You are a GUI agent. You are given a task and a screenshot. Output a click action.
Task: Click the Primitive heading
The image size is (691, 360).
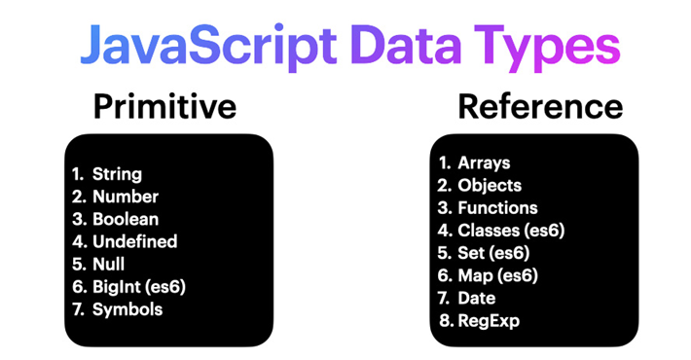point(164,106)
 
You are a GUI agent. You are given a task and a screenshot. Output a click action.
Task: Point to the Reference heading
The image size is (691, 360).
point(540,106)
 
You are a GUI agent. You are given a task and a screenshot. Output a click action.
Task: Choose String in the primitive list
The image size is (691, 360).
point(117,175)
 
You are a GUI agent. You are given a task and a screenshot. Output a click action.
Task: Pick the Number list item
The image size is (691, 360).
point(125,198)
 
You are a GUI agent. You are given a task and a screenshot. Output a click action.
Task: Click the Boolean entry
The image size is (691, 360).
point(126,220)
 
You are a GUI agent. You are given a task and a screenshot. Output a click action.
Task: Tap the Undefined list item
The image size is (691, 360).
point(135,242)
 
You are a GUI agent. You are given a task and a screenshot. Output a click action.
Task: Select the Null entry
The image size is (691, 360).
point(109,265)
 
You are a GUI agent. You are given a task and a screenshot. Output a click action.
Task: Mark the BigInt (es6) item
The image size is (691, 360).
point(138,287)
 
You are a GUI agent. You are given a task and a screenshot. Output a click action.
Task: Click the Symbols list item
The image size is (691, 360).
point(127,309)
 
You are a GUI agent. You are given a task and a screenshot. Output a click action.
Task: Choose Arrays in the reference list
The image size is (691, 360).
point(485,162)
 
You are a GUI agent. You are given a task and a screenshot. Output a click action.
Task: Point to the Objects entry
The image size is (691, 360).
point(491,185)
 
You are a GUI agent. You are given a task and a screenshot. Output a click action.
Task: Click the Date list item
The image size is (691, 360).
point(477,298)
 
